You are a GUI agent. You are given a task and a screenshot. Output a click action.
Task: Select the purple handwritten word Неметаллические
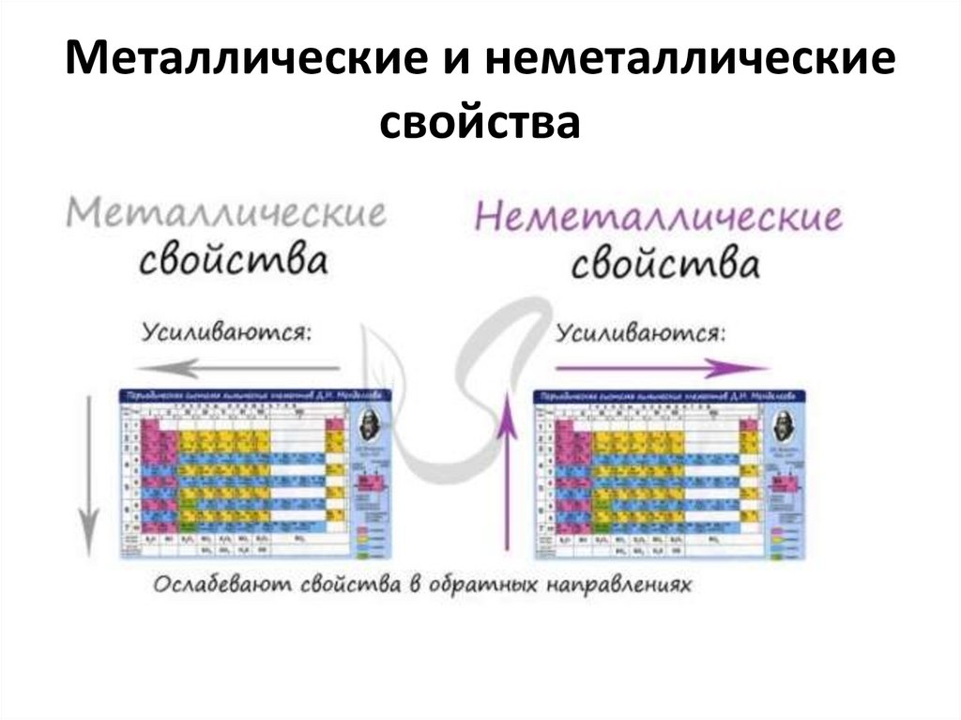658,218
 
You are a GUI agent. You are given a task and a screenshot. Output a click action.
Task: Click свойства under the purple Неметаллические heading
664,264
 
